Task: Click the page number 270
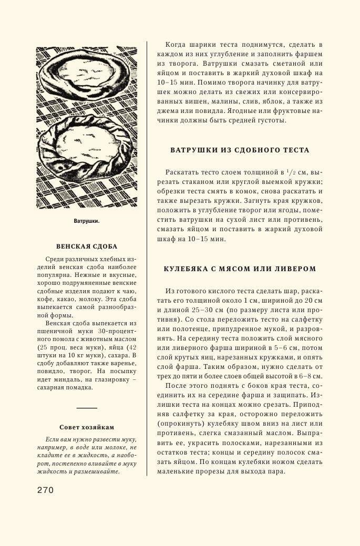click(x=45, y=490)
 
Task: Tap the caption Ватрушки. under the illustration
click(x=87, y=221)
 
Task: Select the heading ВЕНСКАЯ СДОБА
click(x=87, y=246)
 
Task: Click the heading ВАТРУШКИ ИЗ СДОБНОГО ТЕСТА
click(x=240, y=150)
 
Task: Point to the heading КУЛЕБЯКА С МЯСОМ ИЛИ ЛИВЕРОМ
click(x=240, y=269)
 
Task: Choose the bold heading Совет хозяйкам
click(x=87, y=427)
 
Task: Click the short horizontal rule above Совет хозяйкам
click(x=87, y=408)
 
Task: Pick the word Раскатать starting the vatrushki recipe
click(x=181, y=172)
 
